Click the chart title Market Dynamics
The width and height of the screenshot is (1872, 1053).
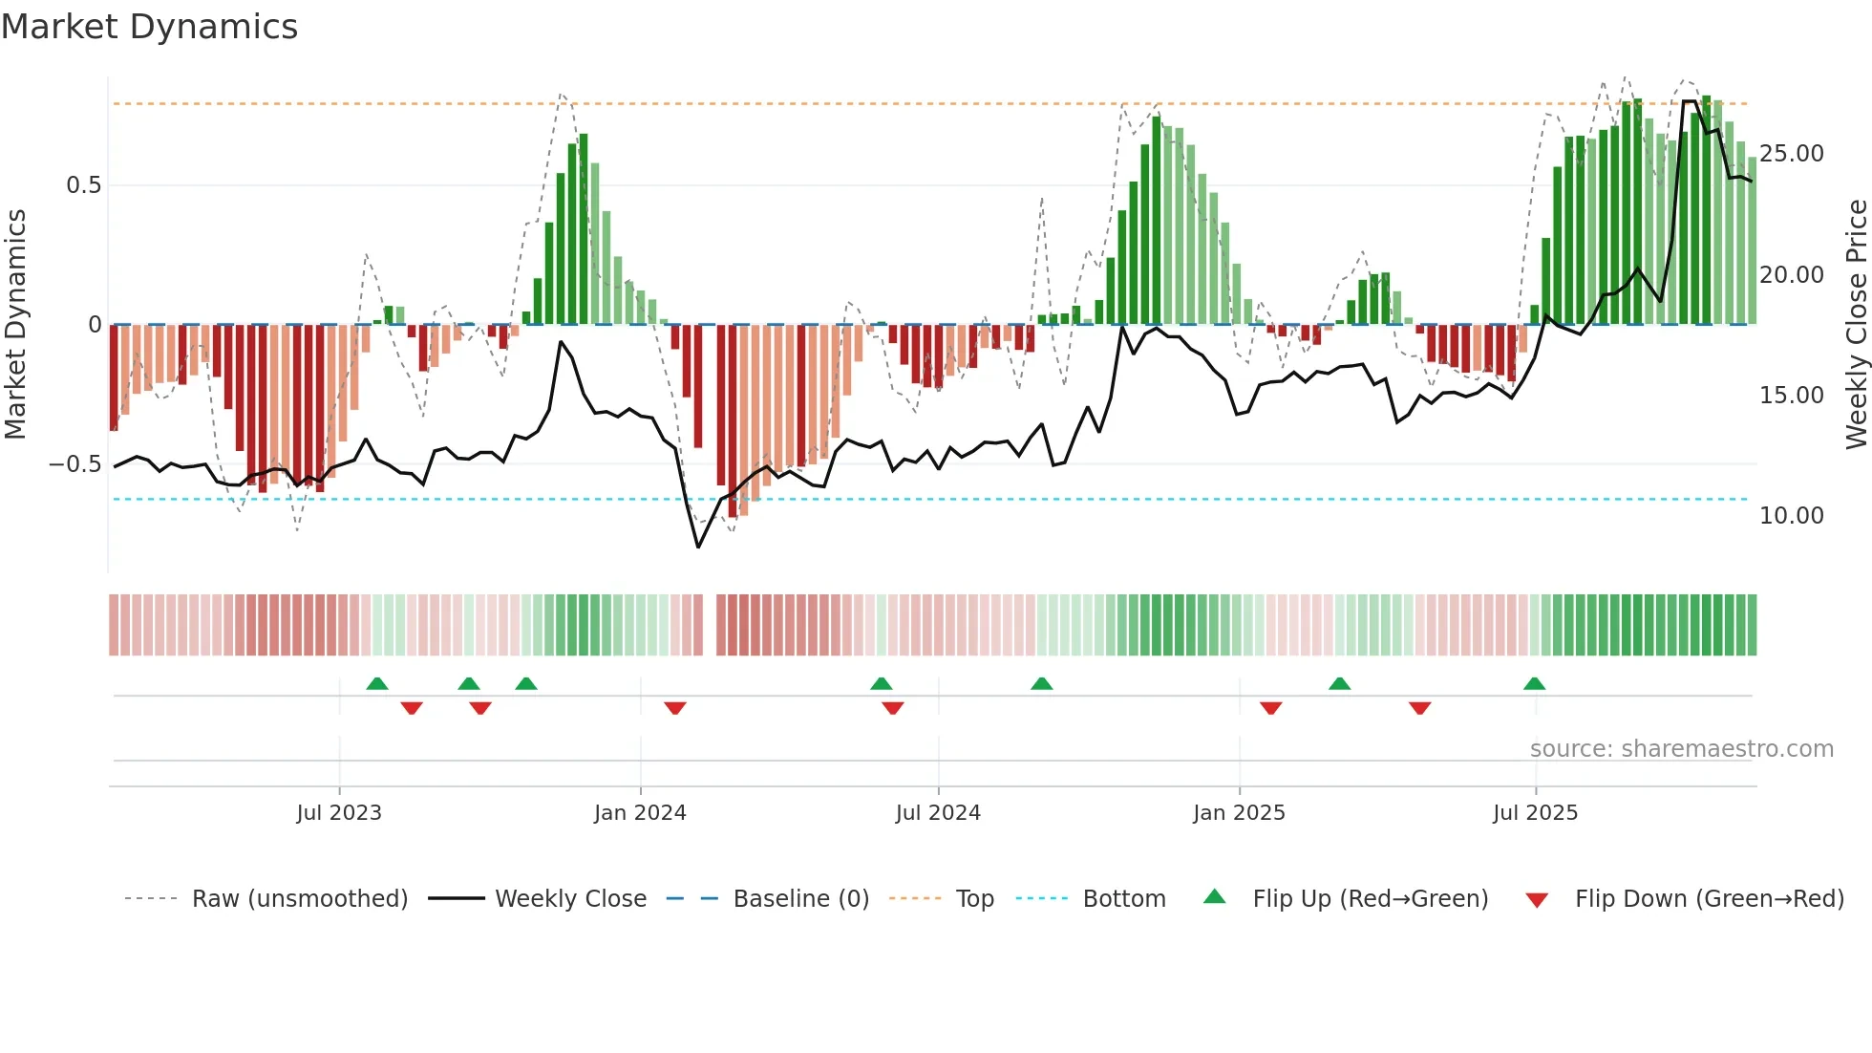(149, 27)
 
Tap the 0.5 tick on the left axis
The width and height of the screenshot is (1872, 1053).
(84, 185)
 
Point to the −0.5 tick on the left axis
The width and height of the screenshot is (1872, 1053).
(75, 464)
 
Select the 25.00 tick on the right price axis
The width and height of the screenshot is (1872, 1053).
(1791, 154)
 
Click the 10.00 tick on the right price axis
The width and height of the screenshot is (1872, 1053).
(1791, 516)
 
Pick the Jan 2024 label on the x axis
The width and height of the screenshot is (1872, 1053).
(640, 813)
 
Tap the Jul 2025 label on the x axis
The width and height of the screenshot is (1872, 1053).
(1535, 813)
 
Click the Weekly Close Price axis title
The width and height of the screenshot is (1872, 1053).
(1856, 325)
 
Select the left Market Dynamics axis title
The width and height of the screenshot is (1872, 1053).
(15, 325)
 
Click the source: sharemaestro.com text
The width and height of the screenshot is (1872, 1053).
(1681, 749)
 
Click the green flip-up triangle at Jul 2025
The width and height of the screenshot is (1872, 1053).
(1534, 684)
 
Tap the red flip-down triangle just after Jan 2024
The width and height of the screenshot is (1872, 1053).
(675, 707)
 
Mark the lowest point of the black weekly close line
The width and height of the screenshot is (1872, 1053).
(698, 547)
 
